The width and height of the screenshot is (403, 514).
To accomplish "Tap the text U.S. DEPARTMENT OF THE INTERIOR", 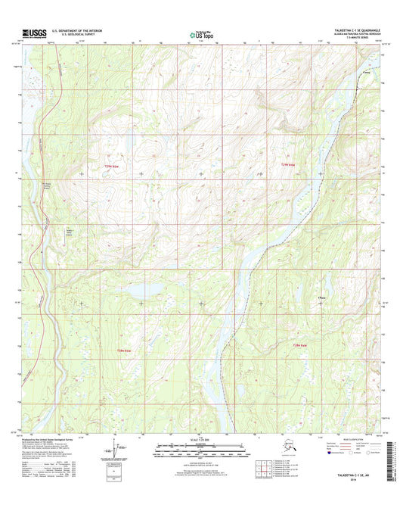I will (x=78, y=30).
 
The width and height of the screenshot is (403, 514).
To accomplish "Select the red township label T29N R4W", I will (x=290, y=166).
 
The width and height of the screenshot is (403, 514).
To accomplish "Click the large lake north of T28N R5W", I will (x=137, y=290).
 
